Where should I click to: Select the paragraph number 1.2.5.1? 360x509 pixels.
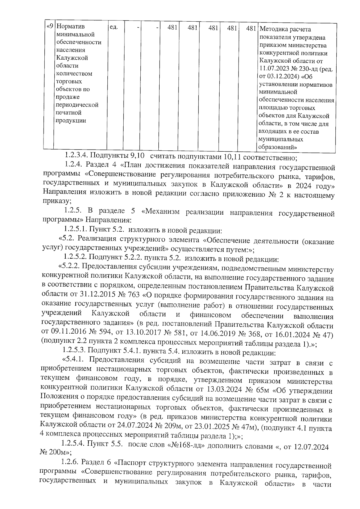point(75,230)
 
